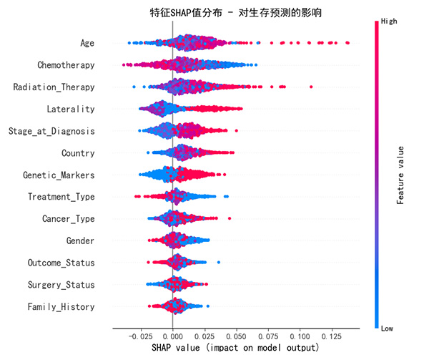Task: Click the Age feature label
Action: coord(87,44)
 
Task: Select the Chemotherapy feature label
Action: coord(66,65)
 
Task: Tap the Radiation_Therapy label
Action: coord(54,87)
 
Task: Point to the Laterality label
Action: coord(70,110)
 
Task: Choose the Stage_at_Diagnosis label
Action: coord(51,131)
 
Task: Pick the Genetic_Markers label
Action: coord(59,175)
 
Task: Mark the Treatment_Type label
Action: coord(61,197)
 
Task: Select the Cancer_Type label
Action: coord(68,219)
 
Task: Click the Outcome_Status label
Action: coord(61,263)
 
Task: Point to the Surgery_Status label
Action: coord(61,285)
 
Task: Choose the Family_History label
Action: coord(61,306)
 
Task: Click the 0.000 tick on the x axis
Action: coord(172,335)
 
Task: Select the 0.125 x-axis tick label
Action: coord(332,335)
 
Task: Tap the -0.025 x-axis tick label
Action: coord(139,335)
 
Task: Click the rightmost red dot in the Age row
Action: coord(347,44)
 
